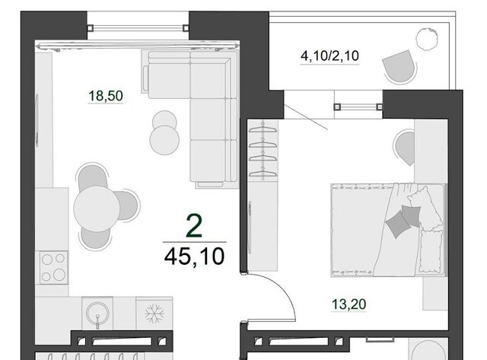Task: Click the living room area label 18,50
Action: (x=106, y=96)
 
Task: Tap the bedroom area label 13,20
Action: (x=349, y=304)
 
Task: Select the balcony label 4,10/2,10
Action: (x=329, y=56)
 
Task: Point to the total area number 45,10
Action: (x=194, y=256)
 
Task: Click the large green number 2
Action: (x=194, y=226)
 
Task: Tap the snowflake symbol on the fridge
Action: (x=154, y=313)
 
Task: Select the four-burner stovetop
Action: (x=53, y=267)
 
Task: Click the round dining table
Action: (x=97, y=209)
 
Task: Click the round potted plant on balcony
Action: (x=427, y=39)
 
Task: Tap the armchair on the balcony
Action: (x=399, y=67)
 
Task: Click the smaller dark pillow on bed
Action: (x=411, y=215)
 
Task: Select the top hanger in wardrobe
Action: (x=263, y=129)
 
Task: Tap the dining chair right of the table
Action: (x=126, y=205)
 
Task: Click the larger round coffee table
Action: (x=164, y=140)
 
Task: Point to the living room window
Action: (x=138, y=28)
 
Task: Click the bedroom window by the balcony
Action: (x=358, y=107)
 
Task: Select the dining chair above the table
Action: (x=93, y=177)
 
